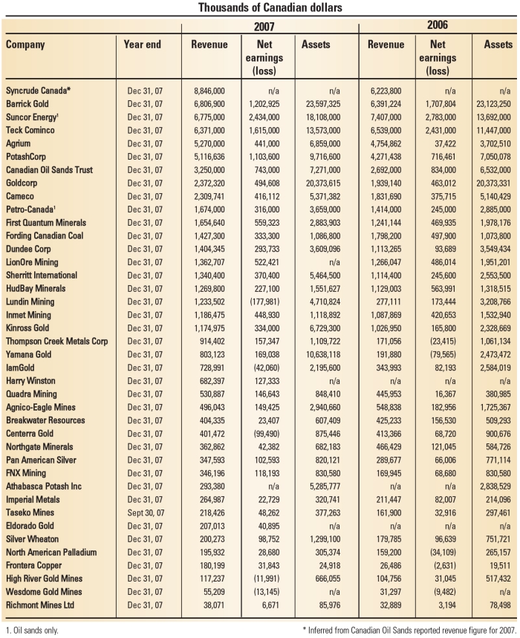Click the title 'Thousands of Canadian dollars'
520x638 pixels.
coord(259,7)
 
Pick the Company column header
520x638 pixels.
coord(25,45)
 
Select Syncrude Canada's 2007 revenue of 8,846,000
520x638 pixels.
coord(209,91)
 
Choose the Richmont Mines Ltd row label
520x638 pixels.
coord(39,605)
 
